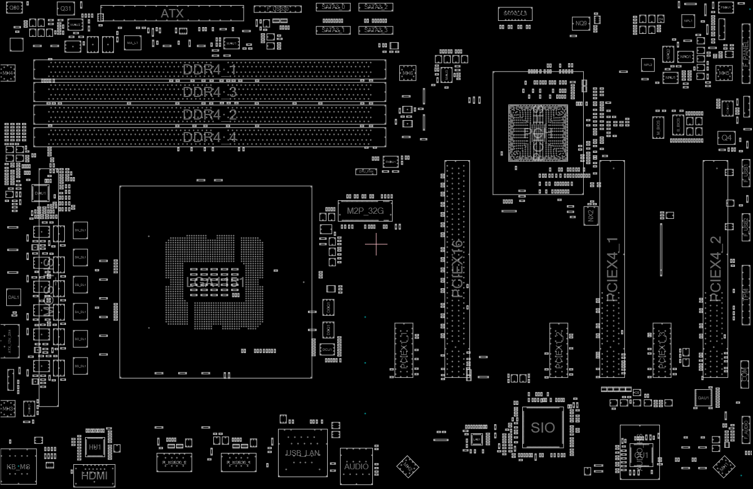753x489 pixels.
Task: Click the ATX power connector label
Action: pos(172,14)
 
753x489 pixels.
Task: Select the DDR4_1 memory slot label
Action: pos(209,70)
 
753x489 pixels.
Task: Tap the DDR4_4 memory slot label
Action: pos(209,137)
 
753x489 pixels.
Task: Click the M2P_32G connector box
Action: pos(365,211)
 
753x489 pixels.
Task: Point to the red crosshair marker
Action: pos(376,244)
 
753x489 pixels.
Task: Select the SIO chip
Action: pos(543,428)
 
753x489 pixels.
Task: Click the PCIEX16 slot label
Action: pos(457,268)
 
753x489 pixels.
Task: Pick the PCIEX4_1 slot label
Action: pos(612,270)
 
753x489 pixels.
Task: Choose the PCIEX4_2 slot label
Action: pos(715,270)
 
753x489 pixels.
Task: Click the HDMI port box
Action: pos(94,475)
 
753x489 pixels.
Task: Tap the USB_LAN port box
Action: pos(302,452)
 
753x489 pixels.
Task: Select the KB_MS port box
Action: pos(18,467)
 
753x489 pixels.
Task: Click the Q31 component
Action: pos(66,8)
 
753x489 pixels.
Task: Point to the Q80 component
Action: pos(16,7)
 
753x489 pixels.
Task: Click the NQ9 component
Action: pos(581,23)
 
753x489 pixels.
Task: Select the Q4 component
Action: pos(726,138)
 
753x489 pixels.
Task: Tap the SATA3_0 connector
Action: pos(333,7)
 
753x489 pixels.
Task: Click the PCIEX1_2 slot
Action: pos(558,350)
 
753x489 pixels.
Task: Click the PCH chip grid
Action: pos(537,133)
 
